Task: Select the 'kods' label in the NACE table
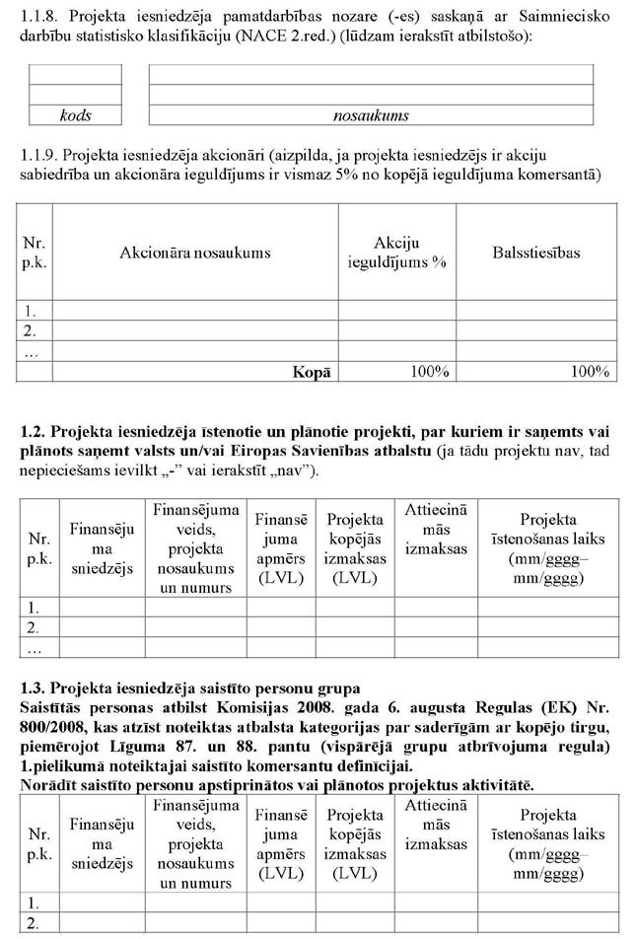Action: coord(76,115)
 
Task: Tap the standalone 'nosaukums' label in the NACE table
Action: coord(371,115)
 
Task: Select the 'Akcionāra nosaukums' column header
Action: coord(194,253)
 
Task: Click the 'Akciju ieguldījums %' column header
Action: coord(396,253)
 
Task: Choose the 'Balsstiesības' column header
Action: coord(536,253)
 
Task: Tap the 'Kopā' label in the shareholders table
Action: coord(311,372)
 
